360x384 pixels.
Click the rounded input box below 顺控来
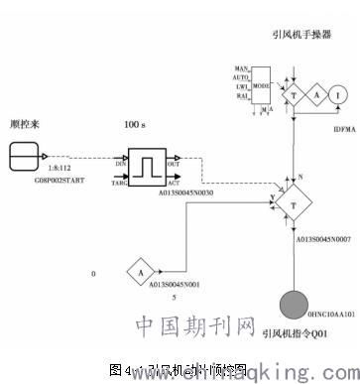26,156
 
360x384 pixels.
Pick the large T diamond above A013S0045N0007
294,203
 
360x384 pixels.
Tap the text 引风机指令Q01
296,334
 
